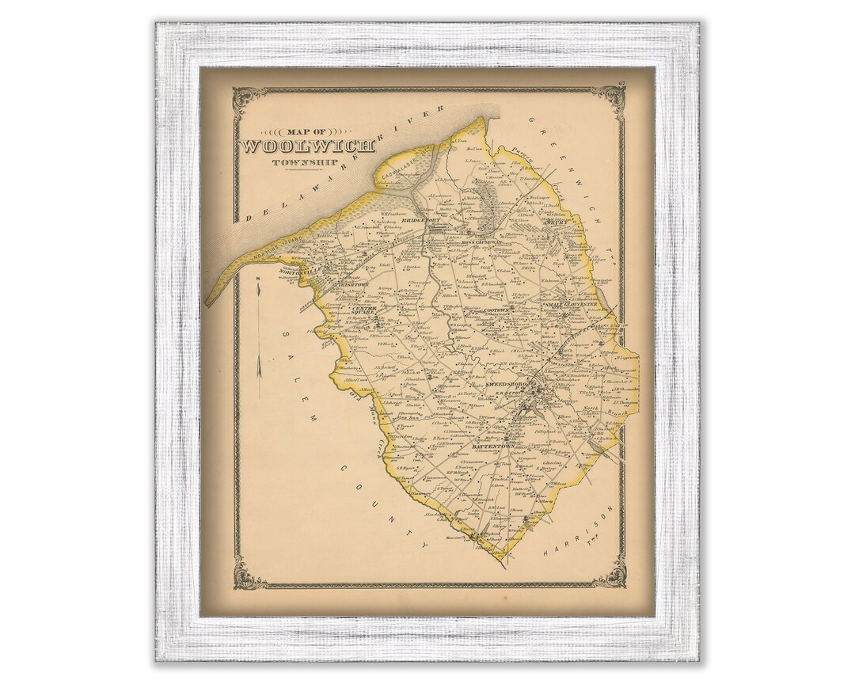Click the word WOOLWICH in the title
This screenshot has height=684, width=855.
coord(298,146)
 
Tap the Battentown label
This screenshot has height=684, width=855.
coord(493,446)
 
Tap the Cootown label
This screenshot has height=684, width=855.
coord(500,311)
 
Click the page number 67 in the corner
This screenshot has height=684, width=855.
coord(623,83)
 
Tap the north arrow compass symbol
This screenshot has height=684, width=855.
coord(261,325)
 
